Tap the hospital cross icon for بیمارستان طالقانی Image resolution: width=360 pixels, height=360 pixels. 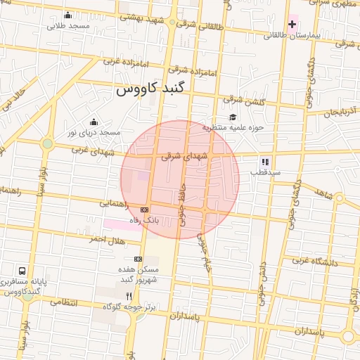292,24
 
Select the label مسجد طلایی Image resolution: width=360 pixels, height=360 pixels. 68,26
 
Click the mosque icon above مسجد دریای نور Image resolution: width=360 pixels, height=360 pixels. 93,122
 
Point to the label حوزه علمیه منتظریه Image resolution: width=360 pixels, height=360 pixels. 233,128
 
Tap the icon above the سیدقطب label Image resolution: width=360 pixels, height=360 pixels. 265,161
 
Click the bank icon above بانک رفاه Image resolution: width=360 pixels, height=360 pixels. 145,209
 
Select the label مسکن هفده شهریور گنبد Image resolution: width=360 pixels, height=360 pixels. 139,274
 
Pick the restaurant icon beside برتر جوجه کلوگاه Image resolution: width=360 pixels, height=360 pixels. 128,296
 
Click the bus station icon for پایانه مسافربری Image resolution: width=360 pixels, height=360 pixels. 22,270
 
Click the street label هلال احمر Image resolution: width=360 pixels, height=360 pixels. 106,240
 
